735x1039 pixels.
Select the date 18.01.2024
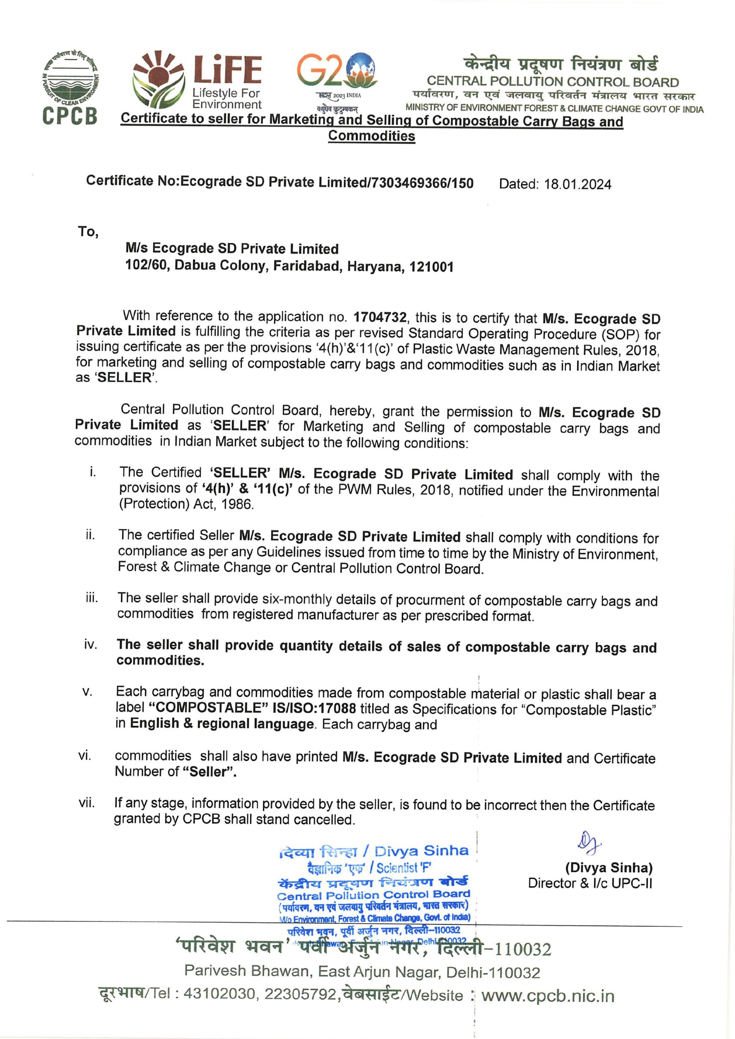[x=578, y=185]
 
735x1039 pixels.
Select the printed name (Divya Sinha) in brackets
[x=608, y=867]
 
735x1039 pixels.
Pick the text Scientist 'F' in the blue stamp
[x=404, y=867]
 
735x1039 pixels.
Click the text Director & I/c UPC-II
[x=590, y=883]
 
